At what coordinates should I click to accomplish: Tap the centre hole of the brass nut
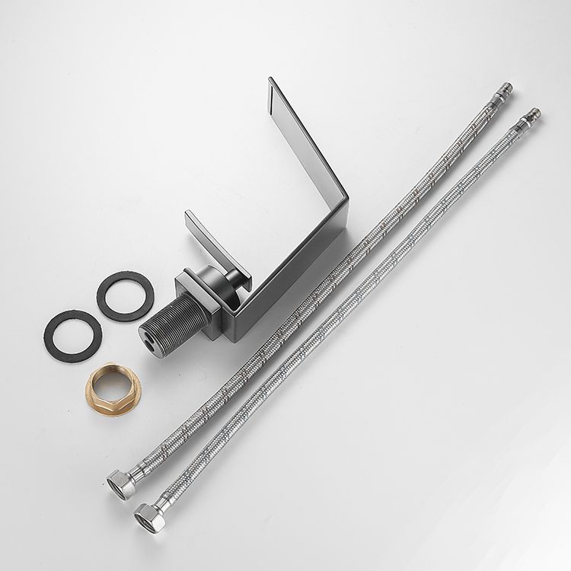click(x=109, y=388)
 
